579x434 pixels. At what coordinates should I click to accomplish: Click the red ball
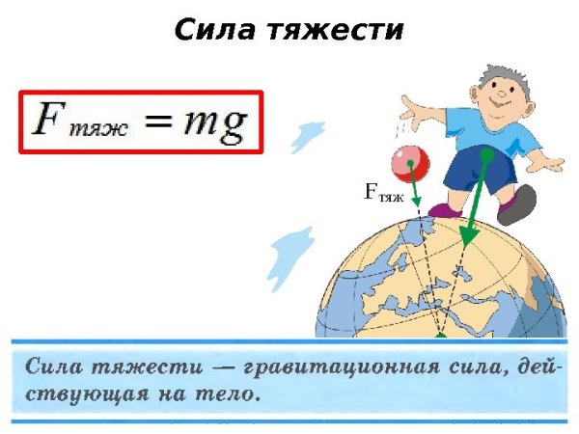[x=410, y=162]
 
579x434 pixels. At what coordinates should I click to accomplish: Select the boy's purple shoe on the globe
[x=446, y=209]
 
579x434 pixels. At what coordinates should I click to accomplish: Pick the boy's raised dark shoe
[x=518, y=203]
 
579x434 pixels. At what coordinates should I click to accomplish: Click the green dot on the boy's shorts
[x=486, y=153]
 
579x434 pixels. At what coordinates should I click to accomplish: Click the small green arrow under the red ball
[x=415, y=193]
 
